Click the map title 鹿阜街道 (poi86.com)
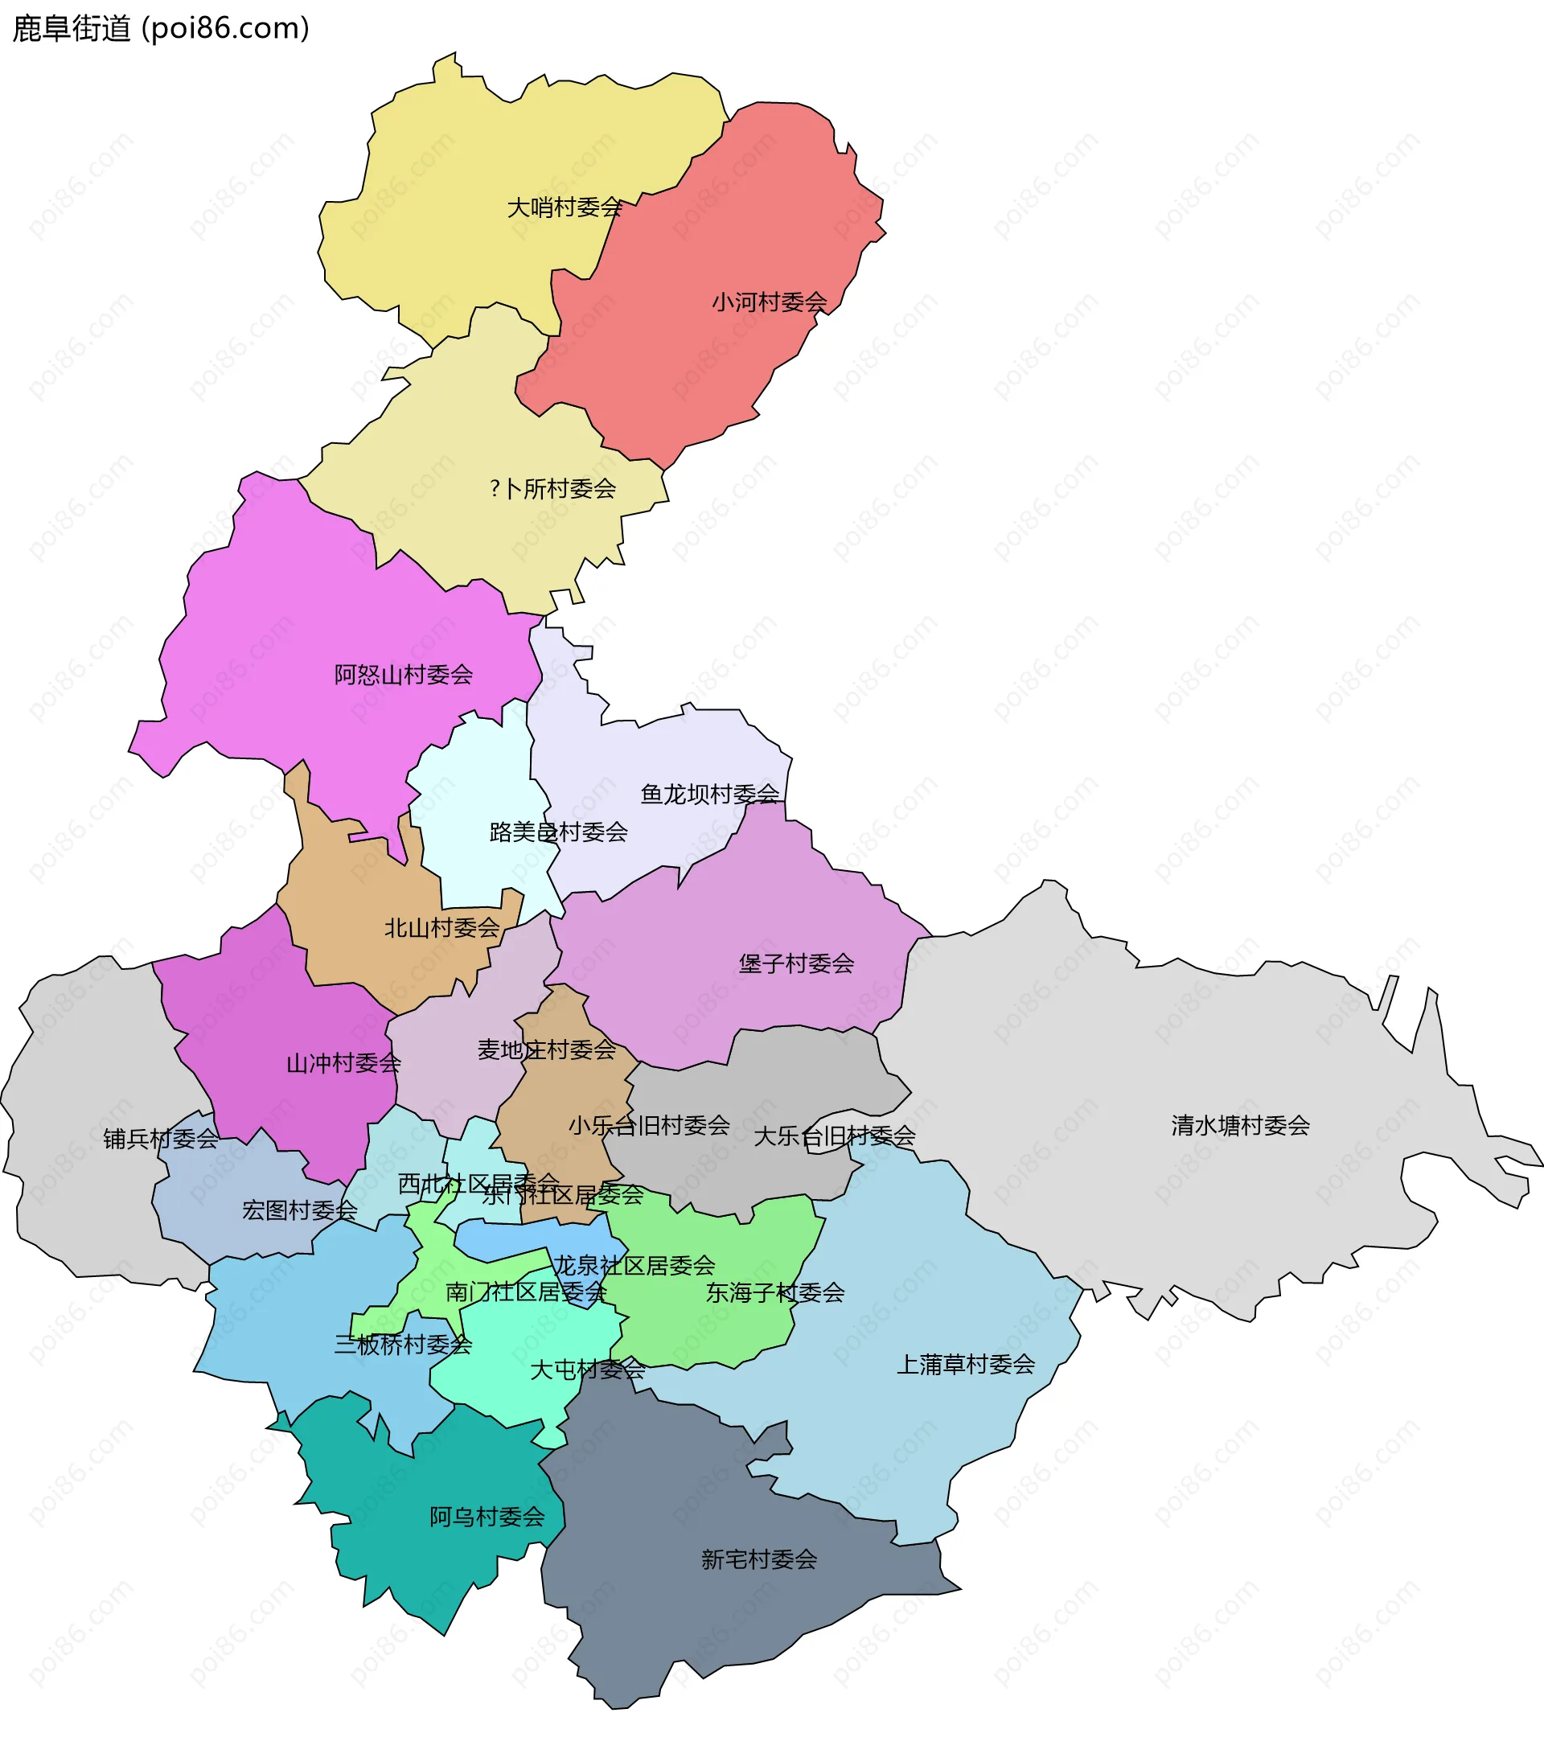[161, 28]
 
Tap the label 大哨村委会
[565, 207]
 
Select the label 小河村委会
[769, 302]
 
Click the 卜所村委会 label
[553, 488]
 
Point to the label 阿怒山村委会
[403, 675]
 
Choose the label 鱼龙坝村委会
[709, 794]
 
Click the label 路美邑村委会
[558, 832]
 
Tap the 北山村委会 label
[442, 928]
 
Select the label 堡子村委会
[796, 963]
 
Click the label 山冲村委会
[344, 1063]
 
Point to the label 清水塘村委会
[1240, 1125]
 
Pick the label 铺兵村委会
[161, 1139]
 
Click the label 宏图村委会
[299, 1210]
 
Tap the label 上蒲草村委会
[966, 1364]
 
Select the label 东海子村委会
[774, 1292]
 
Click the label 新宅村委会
[759, 1559]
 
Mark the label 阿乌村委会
[487, 1517]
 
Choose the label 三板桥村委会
[403, 1344]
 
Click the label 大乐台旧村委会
[834, 1136]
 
